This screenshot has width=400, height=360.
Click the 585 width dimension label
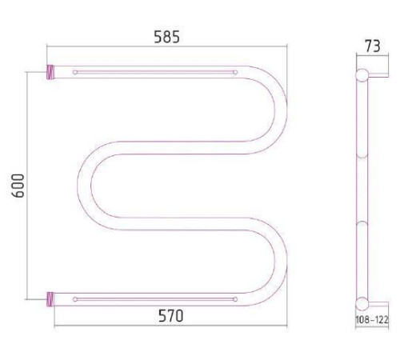coord(167,37)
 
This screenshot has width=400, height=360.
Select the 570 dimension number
coord(171,316)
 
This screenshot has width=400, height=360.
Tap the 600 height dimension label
coord(18,186)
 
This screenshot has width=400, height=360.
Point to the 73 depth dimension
coord(373,46)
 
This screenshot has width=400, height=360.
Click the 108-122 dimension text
coord(372,319)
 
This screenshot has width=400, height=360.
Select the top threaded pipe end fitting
coord(50,72)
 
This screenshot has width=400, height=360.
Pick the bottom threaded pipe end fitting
coord(50,299)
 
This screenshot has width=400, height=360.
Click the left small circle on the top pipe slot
coord(75,72)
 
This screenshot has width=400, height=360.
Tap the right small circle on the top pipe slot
coord(235,72)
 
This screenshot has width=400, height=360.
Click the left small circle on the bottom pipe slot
coord(75,299)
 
